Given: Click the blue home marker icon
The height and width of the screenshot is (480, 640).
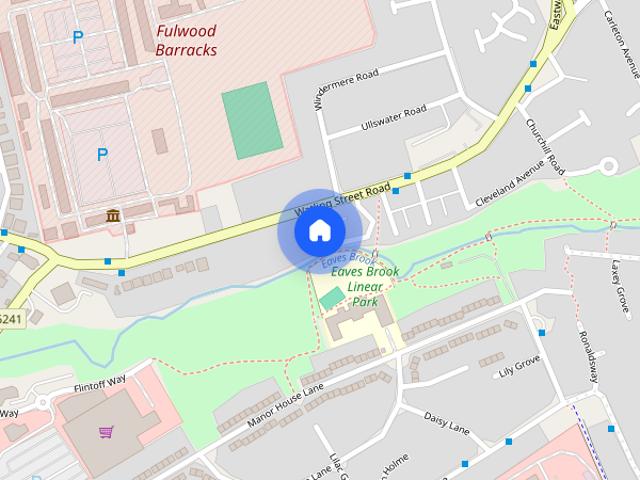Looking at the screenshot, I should tap(319, 231).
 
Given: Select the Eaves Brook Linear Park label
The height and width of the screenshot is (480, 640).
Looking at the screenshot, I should tap(365, 286).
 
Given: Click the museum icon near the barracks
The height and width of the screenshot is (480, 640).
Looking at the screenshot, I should tap(112, 216).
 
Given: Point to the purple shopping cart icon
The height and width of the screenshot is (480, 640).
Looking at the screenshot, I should tap(106, 432).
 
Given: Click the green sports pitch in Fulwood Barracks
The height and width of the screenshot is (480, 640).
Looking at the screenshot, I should tap(251, 121).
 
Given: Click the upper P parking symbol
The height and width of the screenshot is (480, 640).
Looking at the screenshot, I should tap(77, 38).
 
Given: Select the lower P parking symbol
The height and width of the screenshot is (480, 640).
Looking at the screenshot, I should tap(102, 154).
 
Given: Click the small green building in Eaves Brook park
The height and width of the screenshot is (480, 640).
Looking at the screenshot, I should tap(331, 299).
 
